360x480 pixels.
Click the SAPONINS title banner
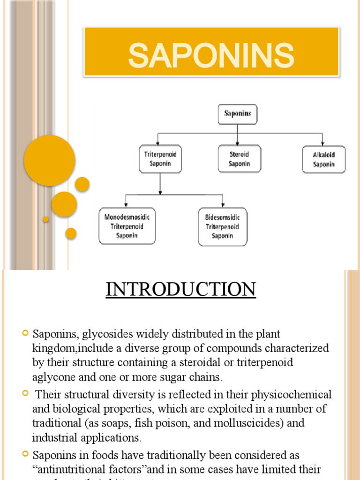[211, 52]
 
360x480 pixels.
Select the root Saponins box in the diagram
[238, 114]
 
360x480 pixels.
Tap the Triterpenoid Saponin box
[160, 159]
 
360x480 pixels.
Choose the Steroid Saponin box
[240, 159]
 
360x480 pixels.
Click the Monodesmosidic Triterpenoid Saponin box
[127, 226]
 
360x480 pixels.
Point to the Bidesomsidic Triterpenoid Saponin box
[222, 227]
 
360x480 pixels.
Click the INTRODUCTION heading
[180, 289]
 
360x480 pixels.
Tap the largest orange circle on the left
[50, 160]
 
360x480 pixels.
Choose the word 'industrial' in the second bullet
[52, 438]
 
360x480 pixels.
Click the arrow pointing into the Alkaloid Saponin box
[323, 142]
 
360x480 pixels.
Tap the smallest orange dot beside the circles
[45, 219]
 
